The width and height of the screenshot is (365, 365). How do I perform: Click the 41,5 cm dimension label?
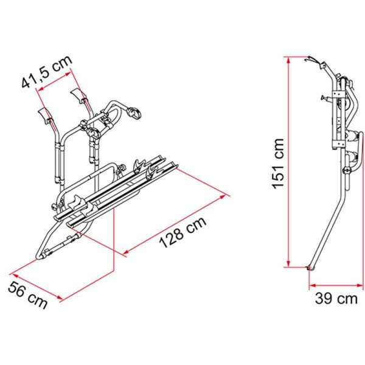[x=47, y=72]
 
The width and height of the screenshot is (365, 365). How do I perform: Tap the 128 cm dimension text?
[x=182, y=232]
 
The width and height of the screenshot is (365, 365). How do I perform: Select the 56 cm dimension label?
[x=28, y=295]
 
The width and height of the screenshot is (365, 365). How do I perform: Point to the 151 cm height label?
[x=278, y=164]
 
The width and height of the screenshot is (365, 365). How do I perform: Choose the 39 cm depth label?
[x=336, y=299]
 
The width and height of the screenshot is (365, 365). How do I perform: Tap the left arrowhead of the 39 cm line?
[x=313, y=285]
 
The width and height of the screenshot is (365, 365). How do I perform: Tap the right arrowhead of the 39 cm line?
[x=360, y=285]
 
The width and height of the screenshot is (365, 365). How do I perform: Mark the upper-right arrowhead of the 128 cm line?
[x=223, y=196]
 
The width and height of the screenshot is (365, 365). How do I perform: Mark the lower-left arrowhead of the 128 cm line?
[x=126, y=252]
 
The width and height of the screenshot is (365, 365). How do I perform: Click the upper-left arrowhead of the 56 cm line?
[x=15, y=276]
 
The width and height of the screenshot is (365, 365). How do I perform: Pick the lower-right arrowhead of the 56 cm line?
[x=60, y=297]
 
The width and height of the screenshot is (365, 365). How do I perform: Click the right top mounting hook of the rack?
[x=78, y=95]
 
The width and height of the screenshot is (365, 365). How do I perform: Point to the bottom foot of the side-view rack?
[x=310, y=268]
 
